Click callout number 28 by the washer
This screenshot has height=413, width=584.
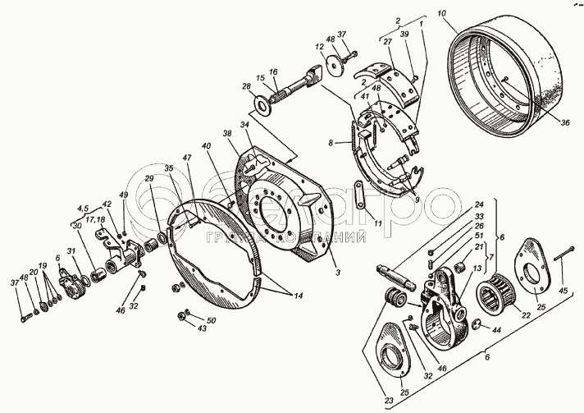[245, 86]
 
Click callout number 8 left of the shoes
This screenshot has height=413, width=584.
[331, 142]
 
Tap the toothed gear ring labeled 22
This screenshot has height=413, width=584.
[495, 296]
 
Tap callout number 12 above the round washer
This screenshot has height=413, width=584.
[317, 47]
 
